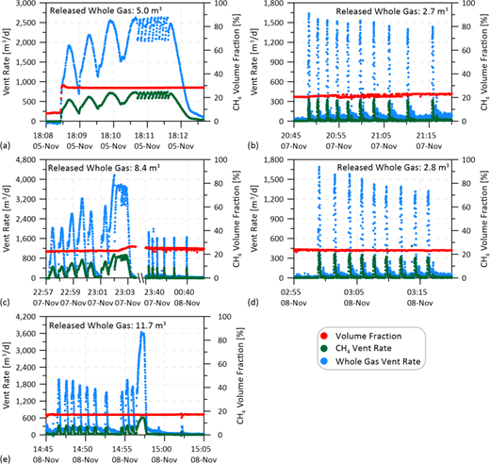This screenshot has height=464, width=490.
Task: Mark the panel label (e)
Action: coord(8,457)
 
